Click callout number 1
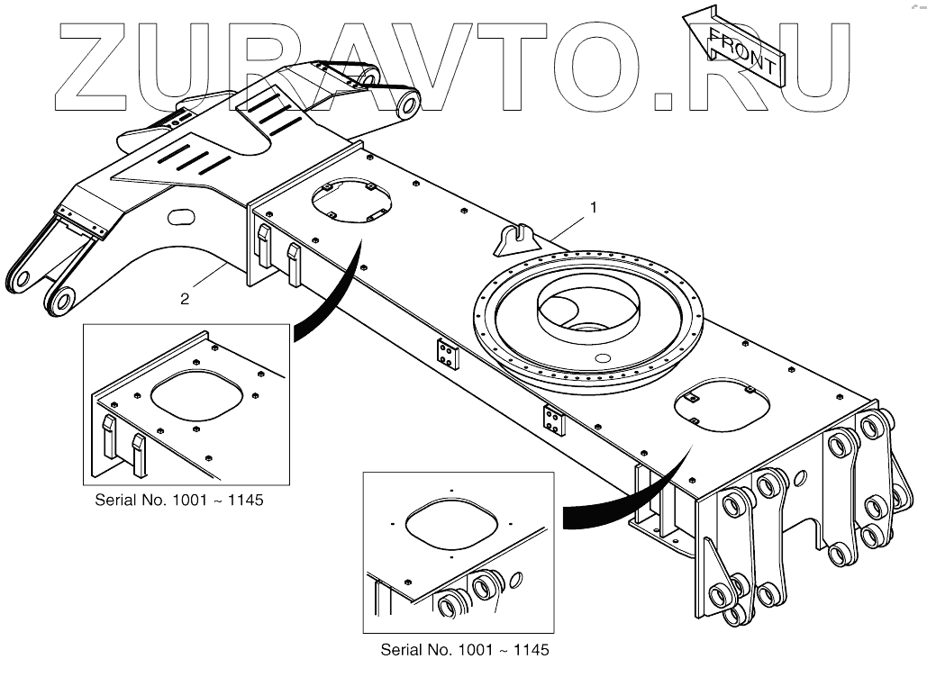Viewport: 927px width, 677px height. click(x=593, y=208)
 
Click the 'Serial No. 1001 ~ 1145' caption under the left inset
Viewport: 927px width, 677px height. click(x=179, y=500)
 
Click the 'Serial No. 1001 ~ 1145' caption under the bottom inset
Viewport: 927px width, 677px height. click(x=464, y=648)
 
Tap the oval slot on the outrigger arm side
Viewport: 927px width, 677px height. click(x=181, y=216)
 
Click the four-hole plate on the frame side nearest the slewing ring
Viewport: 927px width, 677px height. click(x=448, y=354)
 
